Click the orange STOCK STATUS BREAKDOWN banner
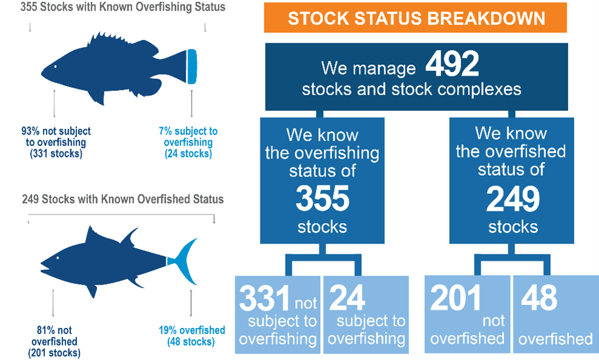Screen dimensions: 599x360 click(x=415, y=18)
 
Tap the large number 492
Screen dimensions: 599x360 click(x=452, y=64)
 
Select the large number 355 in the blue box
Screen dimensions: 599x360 click(x=323, y=198)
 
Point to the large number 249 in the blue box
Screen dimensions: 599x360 click(x=513, y=199)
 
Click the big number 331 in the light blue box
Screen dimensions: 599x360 click(x=264, y=298)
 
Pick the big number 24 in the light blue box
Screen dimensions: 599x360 click(x=347, y=298)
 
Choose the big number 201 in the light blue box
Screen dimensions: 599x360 click(x=455, y=298)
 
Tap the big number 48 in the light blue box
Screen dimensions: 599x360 click(x=539, y=298)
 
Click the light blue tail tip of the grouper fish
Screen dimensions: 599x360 click(x=192, y=67)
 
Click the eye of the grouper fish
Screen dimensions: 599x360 click(x=55, y=67)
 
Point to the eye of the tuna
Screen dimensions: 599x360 click(x=58, y=258)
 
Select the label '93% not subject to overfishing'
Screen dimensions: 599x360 click(x=56, y=142)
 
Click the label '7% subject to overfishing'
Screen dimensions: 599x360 click(x=189, y=142)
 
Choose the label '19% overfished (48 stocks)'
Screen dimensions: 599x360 click(x=192, y=336)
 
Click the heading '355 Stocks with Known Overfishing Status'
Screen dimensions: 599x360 click(x=122, y=7)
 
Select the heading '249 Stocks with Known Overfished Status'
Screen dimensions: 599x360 click(x=122, y=199)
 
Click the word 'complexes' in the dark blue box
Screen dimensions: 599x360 click(x=479, y=89)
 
